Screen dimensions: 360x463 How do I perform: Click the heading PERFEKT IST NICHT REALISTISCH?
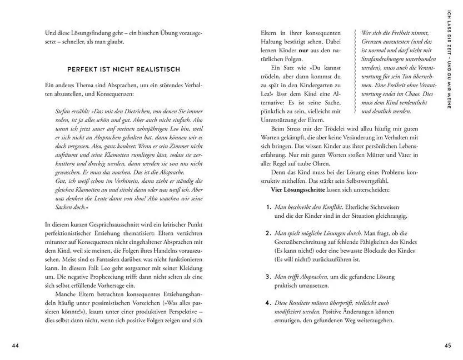coord(123,69)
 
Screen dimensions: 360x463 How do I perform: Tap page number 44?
coord(16,346)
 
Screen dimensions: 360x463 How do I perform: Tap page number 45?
coord(448,346)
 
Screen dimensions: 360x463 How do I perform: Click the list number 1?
coord(268,207)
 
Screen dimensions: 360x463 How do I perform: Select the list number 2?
coord(268,233)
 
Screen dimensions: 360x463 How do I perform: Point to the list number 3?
coord(268,276)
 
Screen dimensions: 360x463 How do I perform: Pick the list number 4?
coord(268,303)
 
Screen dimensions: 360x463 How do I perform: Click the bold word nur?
coord(305,50)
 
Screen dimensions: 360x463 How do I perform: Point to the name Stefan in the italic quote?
coord(66,112)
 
